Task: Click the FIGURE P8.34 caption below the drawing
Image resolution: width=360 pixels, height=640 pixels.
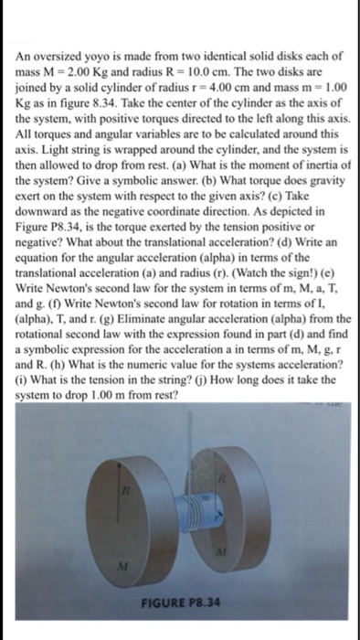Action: [181, 603]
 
